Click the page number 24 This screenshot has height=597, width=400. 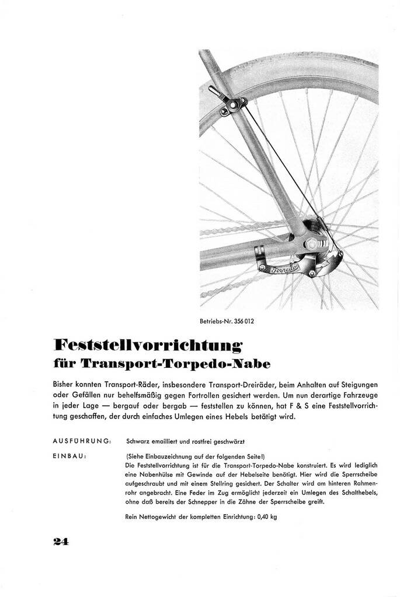tap(61, 541)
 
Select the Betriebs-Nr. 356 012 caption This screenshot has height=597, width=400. tap(227, 321)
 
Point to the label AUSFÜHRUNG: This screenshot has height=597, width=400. tap(82, 441)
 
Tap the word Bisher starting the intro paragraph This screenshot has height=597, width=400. tap(65, 386)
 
